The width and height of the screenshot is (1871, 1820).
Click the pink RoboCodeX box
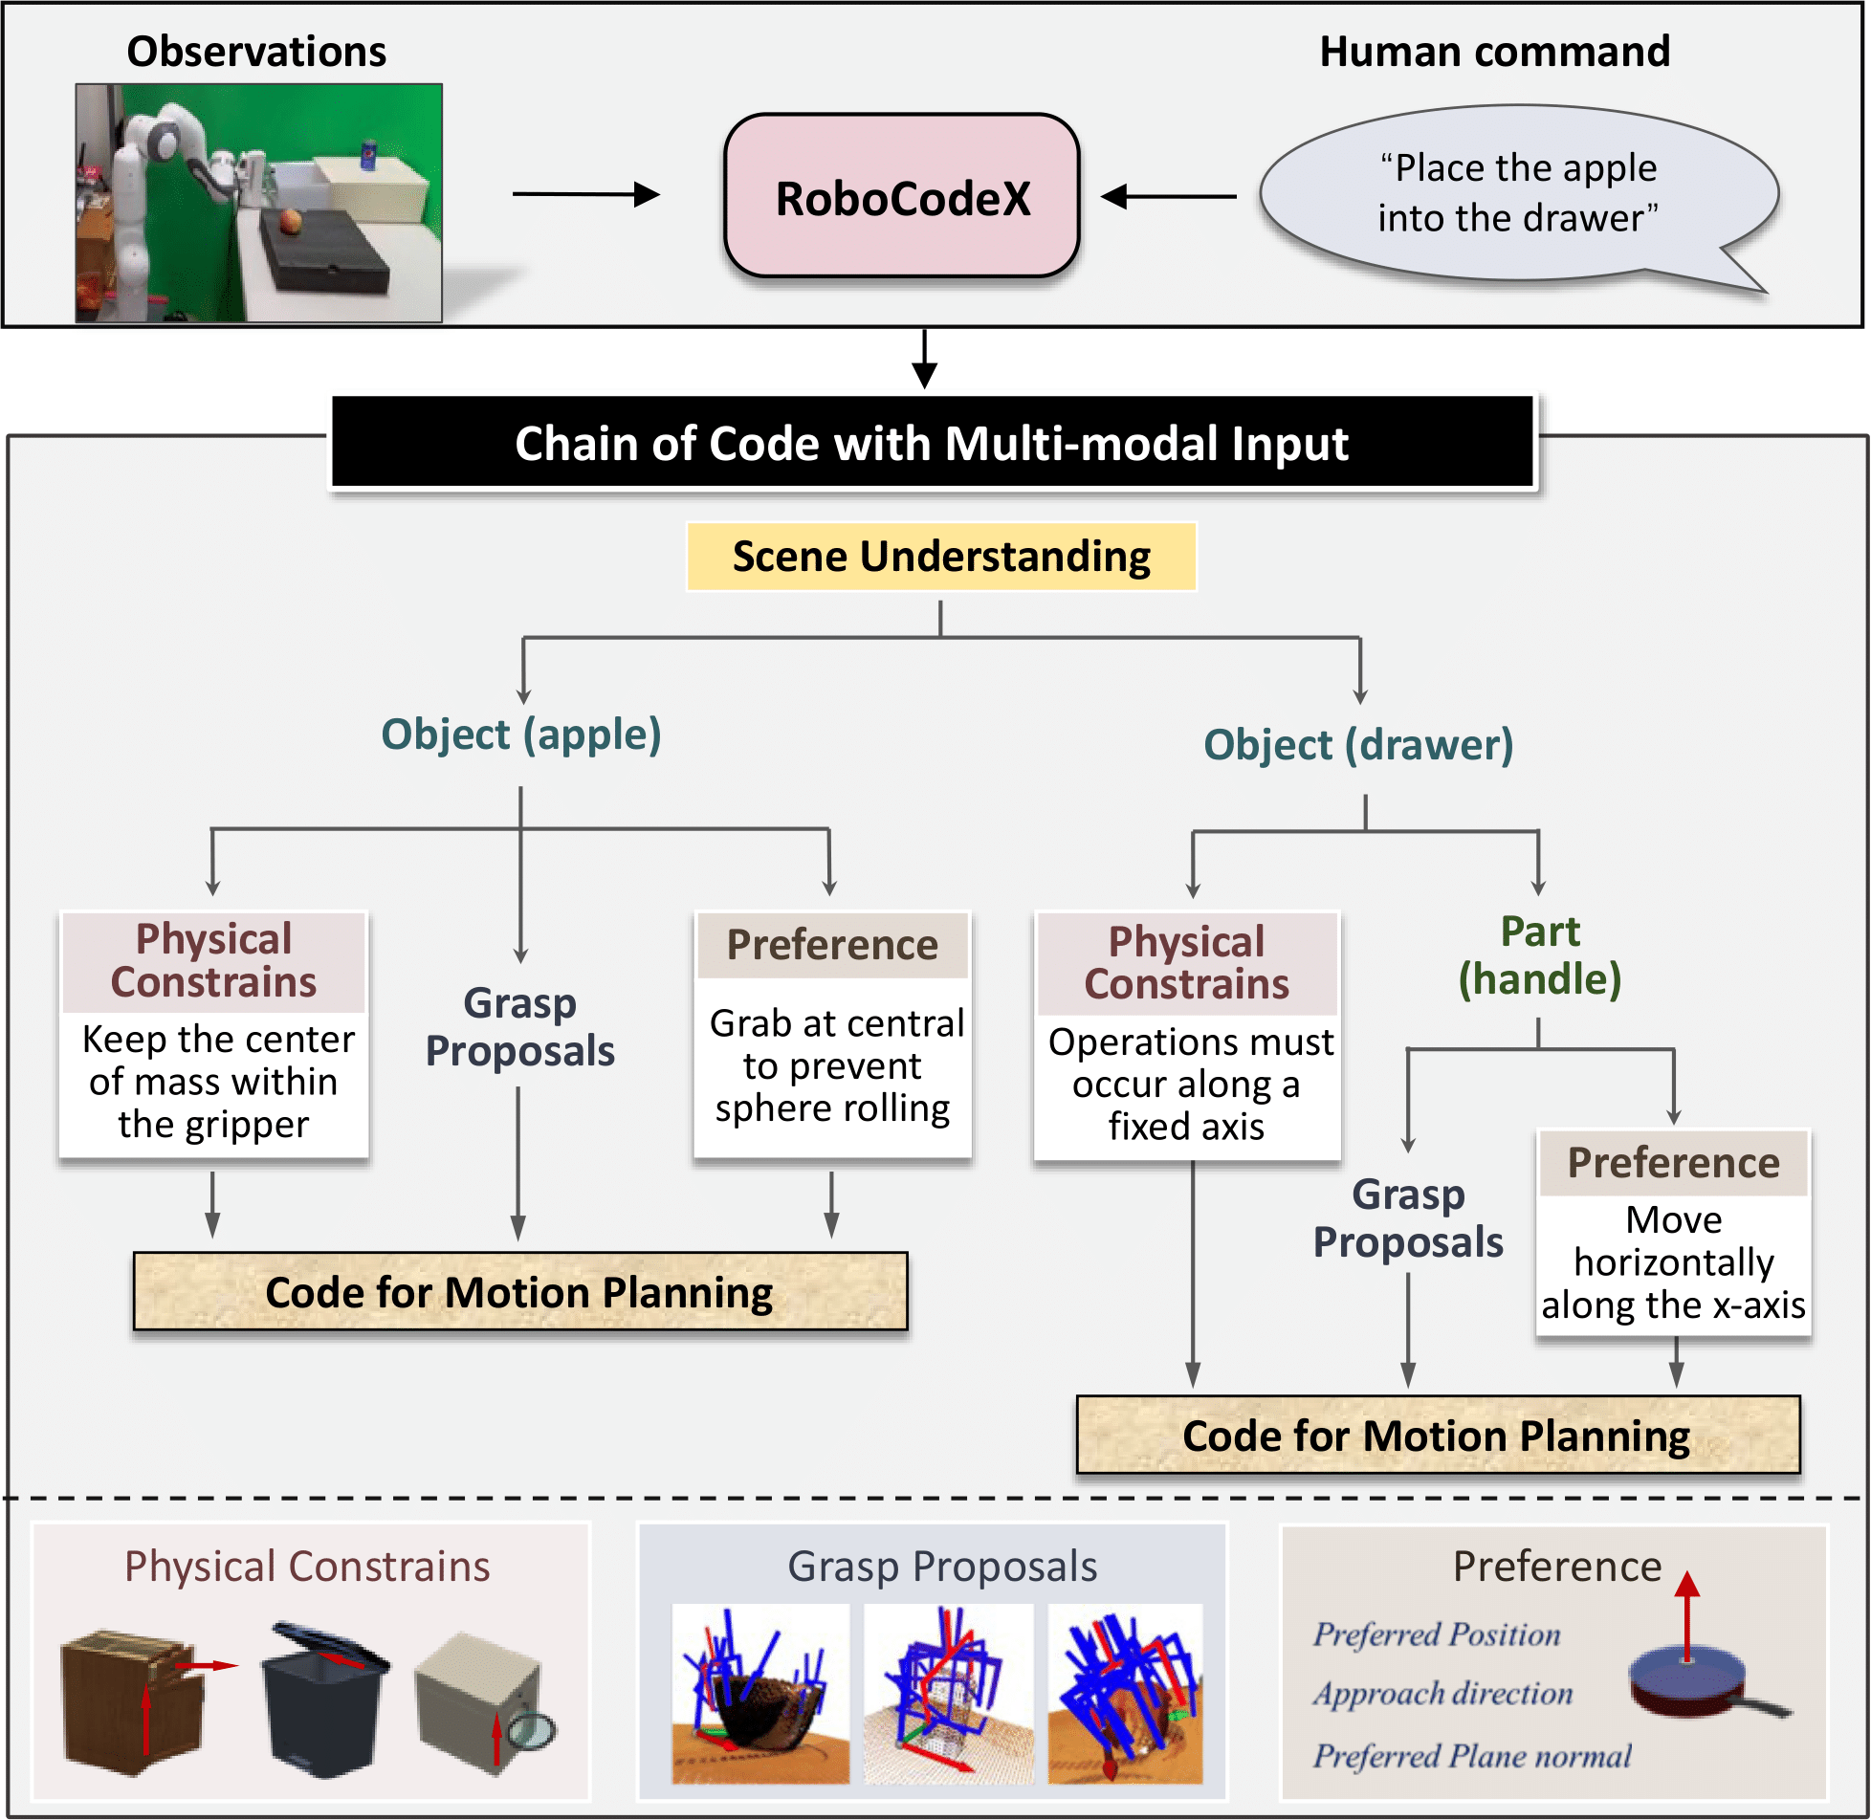click(x=901, y=197)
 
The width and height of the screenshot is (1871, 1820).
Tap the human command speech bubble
click(x=1517, y=194)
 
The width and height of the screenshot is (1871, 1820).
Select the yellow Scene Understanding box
click(x=940, y=557)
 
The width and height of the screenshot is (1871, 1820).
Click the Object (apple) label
click(x=521, y=735)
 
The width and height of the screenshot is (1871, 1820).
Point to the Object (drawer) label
click(x=1358, y=745)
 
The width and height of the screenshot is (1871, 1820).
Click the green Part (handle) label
click(x=1539, y=955)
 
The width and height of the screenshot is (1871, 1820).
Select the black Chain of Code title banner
click(x=932, y=444)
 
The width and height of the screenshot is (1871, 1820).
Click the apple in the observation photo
click(x=291, y=221)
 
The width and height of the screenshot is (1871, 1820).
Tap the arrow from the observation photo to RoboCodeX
click(x=585, y=194)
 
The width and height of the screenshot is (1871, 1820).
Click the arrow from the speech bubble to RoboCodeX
click(x=1168, y=197)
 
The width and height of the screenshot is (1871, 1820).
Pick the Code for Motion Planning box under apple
click(x=519, y=1292)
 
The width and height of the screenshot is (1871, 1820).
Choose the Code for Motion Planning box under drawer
click(x=1437, y=1436)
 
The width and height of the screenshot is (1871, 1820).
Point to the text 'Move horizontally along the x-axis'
click(x=1673, y=1262)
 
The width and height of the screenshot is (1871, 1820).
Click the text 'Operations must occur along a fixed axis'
click(x=1189, y=1084)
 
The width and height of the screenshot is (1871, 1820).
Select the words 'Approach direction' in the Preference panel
click(x=1442, y=1694)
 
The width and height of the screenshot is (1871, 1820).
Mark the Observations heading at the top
click(x=256, y=52)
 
